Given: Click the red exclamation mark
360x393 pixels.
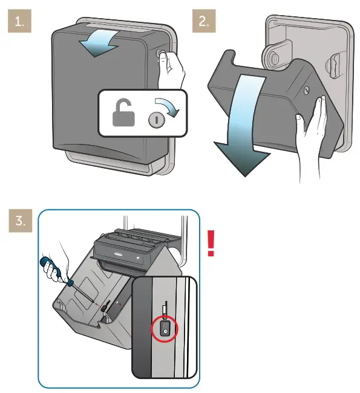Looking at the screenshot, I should click(211, 243).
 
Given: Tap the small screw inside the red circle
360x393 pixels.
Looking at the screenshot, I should click(164, 330).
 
